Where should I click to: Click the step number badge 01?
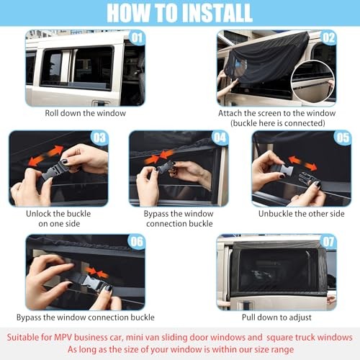(138, 37)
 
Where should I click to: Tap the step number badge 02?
(328, 37)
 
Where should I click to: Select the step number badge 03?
(99, 138)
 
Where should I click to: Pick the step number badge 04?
(220, 138)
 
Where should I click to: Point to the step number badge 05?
(343, 138)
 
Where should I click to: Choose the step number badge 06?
(137, 242)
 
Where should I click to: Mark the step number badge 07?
(328, 242)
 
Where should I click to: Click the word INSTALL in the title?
(217, 13)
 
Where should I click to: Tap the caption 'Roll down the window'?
(86, 113)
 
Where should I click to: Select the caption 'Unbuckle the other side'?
(302, 214)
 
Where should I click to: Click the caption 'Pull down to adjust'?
(276, 318)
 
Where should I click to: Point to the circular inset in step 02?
(312, 81)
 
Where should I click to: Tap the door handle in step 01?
(102, 104)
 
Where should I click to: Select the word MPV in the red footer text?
(63, 337)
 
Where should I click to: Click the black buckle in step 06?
(96, 283)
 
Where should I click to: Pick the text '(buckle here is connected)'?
(278, 123)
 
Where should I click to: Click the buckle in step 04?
(166, 167)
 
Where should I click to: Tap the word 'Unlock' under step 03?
(38, 214)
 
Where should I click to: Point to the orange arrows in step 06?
(97, 272)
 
